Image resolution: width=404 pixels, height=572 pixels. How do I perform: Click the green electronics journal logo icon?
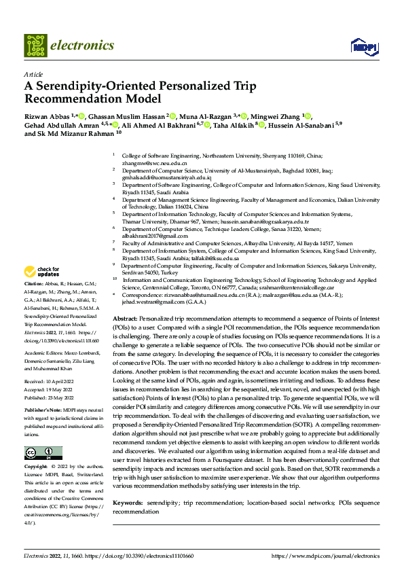[35, 46]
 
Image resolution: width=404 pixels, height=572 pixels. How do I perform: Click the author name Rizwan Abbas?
[48, 116]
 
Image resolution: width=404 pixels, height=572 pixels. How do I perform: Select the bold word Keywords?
[128, 503]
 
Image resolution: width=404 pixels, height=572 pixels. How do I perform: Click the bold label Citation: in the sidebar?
[34, 283]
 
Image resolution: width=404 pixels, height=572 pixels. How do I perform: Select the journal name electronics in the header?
[84, 46]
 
